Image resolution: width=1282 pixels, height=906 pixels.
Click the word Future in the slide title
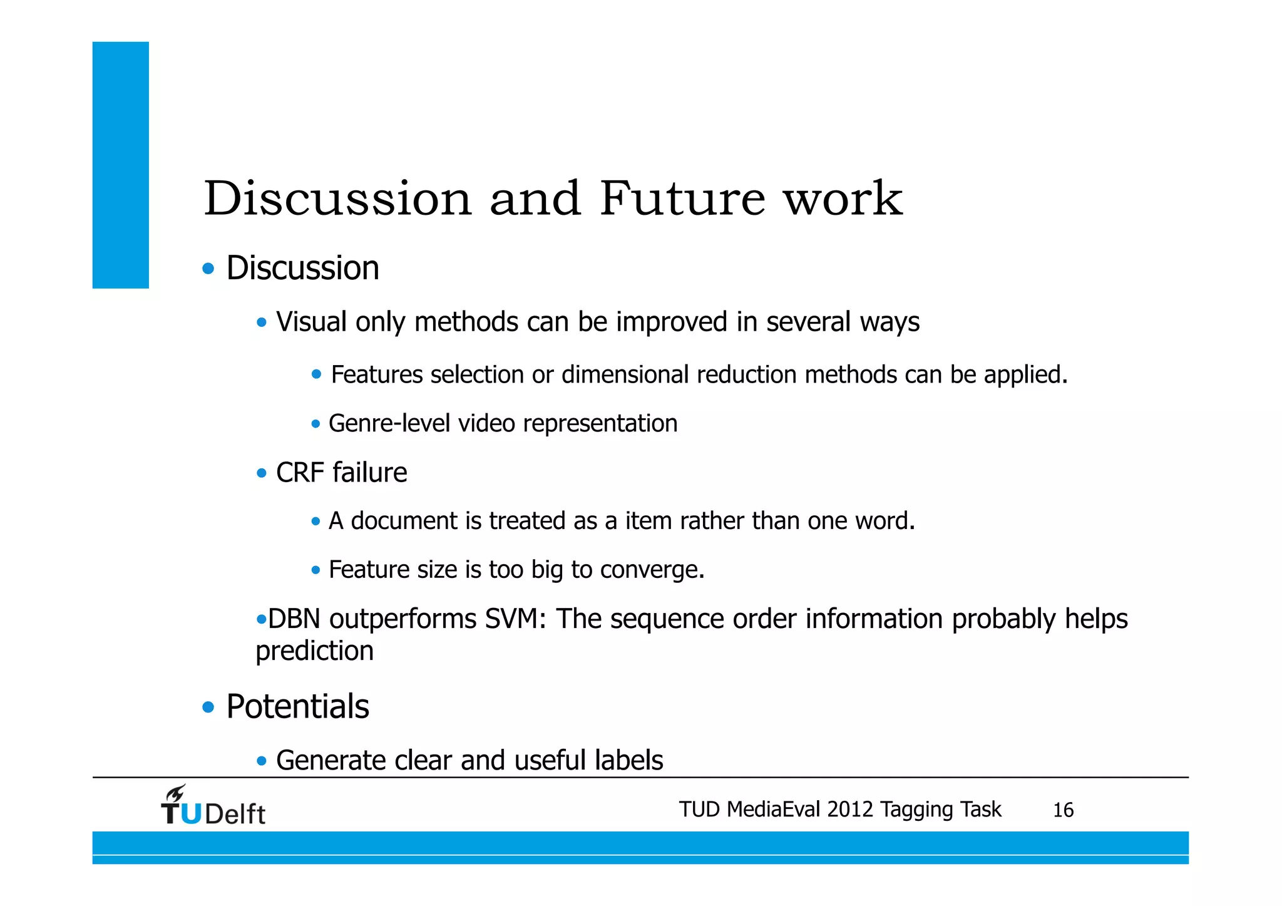tap(682, 199)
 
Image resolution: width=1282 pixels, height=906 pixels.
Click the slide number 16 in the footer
tap(1063, 810)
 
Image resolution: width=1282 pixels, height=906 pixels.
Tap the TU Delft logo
tap(213, 806)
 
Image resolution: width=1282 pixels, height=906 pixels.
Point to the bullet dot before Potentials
tap(208, 708)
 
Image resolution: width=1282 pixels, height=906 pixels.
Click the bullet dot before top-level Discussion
tap(208, 269)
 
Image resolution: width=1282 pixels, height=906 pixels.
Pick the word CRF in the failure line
tap(299, 473)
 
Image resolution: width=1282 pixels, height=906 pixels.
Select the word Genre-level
tap(389, 424)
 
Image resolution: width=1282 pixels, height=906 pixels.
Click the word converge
tap(652, 570)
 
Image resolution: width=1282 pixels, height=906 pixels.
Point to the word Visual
tap(311, 322)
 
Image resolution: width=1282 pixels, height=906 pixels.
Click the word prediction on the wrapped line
tap(314, 652)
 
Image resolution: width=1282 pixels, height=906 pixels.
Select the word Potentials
tap(297, 707)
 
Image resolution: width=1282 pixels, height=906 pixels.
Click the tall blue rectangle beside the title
tap(121, 165)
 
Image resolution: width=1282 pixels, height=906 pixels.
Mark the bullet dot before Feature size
tap(315, 570)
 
